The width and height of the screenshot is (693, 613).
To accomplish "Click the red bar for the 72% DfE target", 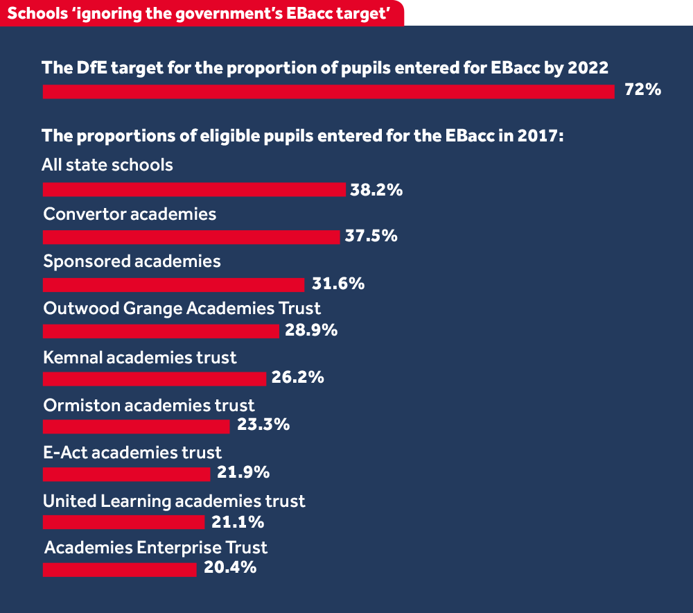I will (x=328, y=92).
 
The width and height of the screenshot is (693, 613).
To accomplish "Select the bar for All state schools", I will (x=194, y=190).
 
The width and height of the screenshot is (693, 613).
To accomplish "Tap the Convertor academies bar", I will (x=191, y=237).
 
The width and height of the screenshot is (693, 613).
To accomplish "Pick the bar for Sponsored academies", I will (x=173, y=285).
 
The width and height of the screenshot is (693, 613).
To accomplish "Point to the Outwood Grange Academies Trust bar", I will (x=161, y=331).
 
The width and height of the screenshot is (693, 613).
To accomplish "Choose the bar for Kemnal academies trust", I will (x=155, y=379).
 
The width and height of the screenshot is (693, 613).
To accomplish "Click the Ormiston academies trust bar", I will (x=136, y=426).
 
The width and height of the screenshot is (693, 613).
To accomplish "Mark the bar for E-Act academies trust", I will (x=126, y=474).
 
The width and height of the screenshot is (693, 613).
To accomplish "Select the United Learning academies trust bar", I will (x=123, y=521).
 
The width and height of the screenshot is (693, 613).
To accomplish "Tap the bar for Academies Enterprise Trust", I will (x=119, y=569).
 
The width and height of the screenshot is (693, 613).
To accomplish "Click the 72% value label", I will (x=643, y=90).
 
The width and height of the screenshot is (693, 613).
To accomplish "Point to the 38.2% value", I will (x=376, y=189).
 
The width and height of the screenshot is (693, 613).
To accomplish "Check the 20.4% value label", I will (x=230, y=568).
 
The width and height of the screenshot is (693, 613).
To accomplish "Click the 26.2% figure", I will (x=297, y=378).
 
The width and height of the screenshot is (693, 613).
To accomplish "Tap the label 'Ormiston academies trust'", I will (x=149, y=405).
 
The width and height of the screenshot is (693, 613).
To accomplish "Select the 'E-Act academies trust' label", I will (x=132, y=452).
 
